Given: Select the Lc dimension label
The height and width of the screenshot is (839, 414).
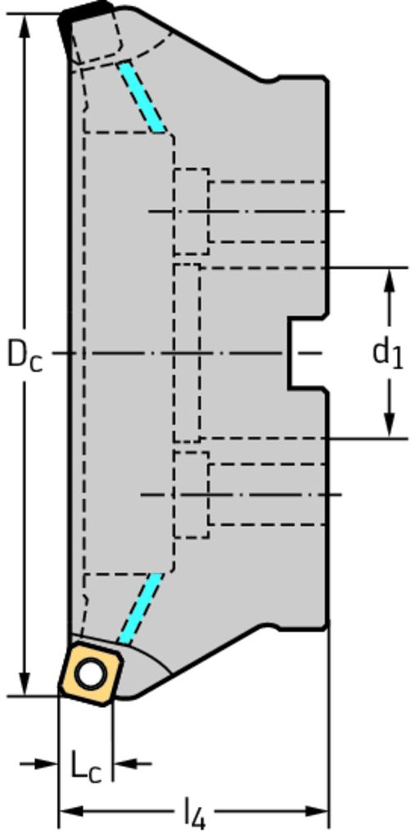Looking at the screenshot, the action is (85, 767).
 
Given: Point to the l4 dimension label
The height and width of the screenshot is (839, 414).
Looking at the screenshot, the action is (195, 814).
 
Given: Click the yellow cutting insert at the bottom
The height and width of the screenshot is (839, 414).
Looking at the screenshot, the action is (91, 674).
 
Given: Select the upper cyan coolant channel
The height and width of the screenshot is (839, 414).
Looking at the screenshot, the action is (142, 97).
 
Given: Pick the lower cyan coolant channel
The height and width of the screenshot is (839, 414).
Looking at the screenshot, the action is (141, 609).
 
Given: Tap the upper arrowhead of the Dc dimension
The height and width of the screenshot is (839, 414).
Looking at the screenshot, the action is (24, 27).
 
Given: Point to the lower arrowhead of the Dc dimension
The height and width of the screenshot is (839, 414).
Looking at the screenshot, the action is (24, 683).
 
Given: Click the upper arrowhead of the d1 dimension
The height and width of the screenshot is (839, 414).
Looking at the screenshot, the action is (390, 280).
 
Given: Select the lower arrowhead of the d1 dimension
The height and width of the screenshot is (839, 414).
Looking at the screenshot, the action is (390, 425).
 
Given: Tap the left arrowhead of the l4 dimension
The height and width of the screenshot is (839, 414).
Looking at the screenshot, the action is (71, 812).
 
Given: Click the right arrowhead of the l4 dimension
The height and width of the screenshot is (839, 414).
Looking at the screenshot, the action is (315, 812).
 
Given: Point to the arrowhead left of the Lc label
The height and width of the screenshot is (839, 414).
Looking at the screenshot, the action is (46, 764).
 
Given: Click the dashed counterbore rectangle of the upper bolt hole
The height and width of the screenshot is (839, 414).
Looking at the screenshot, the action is (191, 211).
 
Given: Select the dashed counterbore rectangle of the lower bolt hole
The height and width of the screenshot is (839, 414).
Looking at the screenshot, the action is (191, 494).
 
